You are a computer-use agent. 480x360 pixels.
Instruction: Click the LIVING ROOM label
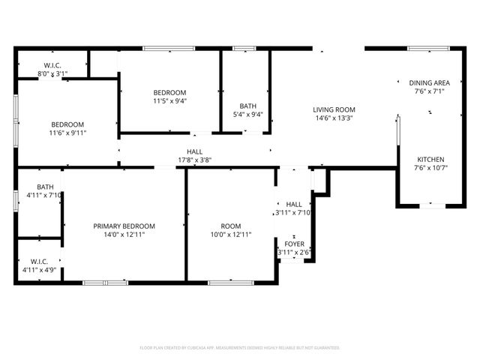pyautogui.click(x=334, y=109)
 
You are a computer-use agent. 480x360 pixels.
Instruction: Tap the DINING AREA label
pyautogui.click(x=429, y=82)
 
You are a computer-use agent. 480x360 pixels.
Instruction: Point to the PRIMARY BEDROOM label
pyautogui.click(x=124, y=226)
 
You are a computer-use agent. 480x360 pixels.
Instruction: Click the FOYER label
pyautogui.click(x=294, y=244)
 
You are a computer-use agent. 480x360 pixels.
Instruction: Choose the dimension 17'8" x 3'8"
pyautogui.click(x=195, y=160)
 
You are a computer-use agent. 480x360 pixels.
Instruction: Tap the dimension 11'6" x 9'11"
pyautogui.click(x=67, y=133)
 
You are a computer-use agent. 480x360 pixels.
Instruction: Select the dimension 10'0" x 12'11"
pyautogui.click(x=231, y=235)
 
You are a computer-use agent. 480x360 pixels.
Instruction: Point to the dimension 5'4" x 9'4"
pyautogui.click(x=247, y=115)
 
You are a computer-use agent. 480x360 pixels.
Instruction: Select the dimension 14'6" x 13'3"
pyautogui.click(x=334, y=118)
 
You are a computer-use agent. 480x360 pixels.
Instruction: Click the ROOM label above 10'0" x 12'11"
pyautogui.click(x=231, y=226)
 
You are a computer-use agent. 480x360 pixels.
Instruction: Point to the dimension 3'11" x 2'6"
pyautogui.click(x=294, y=253)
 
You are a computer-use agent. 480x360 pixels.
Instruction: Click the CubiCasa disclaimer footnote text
pyautogui.click(x=240, y=348)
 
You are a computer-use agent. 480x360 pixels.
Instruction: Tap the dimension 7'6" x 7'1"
pyautogui.click(x=429, y=91)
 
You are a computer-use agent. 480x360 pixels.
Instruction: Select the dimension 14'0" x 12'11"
pyautogui.click(x=124, y=235)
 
